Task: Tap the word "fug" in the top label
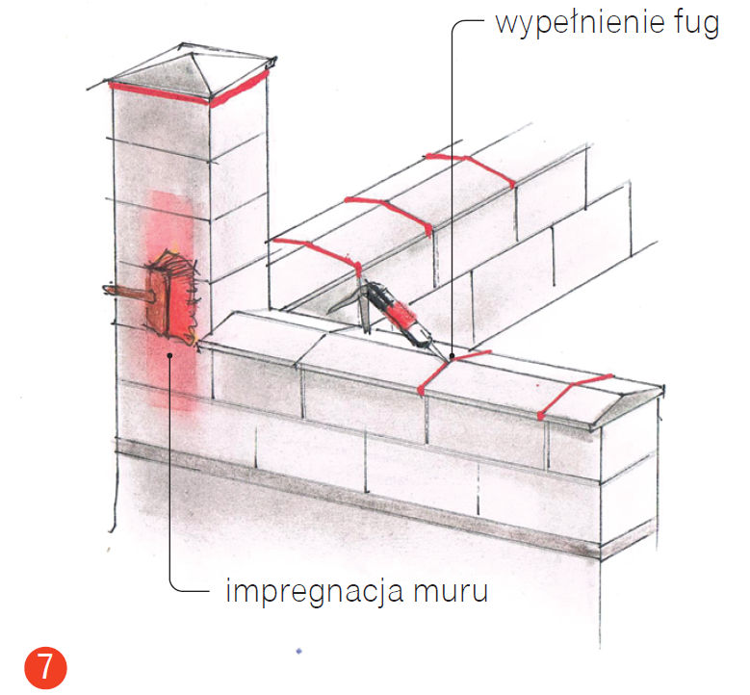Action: [x=696, y=23]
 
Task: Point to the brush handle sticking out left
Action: [x=123, y=291]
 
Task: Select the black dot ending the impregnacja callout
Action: [x=169, y=356]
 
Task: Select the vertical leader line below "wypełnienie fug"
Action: [x=451, y=193]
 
